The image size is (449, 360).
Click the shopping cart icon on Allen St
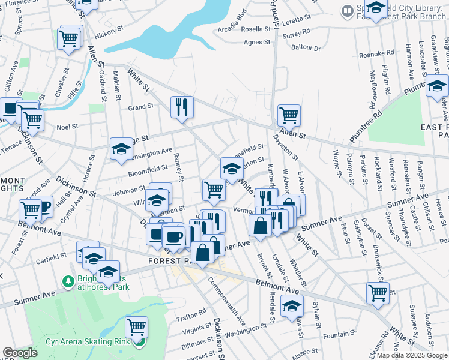coord(289,114)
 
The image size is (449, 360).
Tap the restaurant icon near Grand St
coord(182,107)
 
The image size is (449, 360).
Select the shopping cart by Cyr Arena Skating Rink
coord(137,327)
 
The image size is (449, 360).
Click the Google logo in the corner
coord(20,353)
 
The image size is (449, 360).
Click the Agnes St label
coord(258,42)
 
